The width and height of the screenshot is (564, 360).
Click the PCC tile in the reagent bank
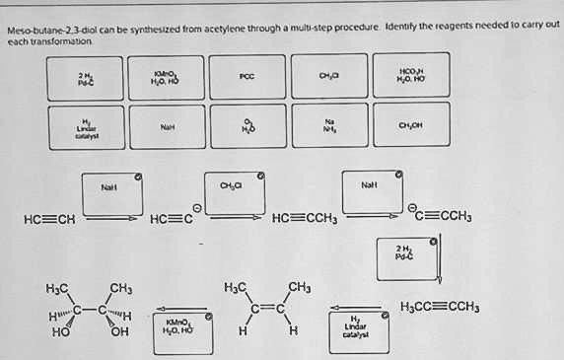(x=247, y=76)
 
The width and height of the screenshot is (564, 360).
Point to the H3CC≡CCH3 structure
(x=439, y=308)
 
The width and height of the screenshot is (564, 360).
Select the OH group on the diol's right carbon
(x=119, y=331)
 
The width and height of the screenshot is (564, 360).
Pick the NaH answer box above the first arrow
(x=110, y=186)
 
